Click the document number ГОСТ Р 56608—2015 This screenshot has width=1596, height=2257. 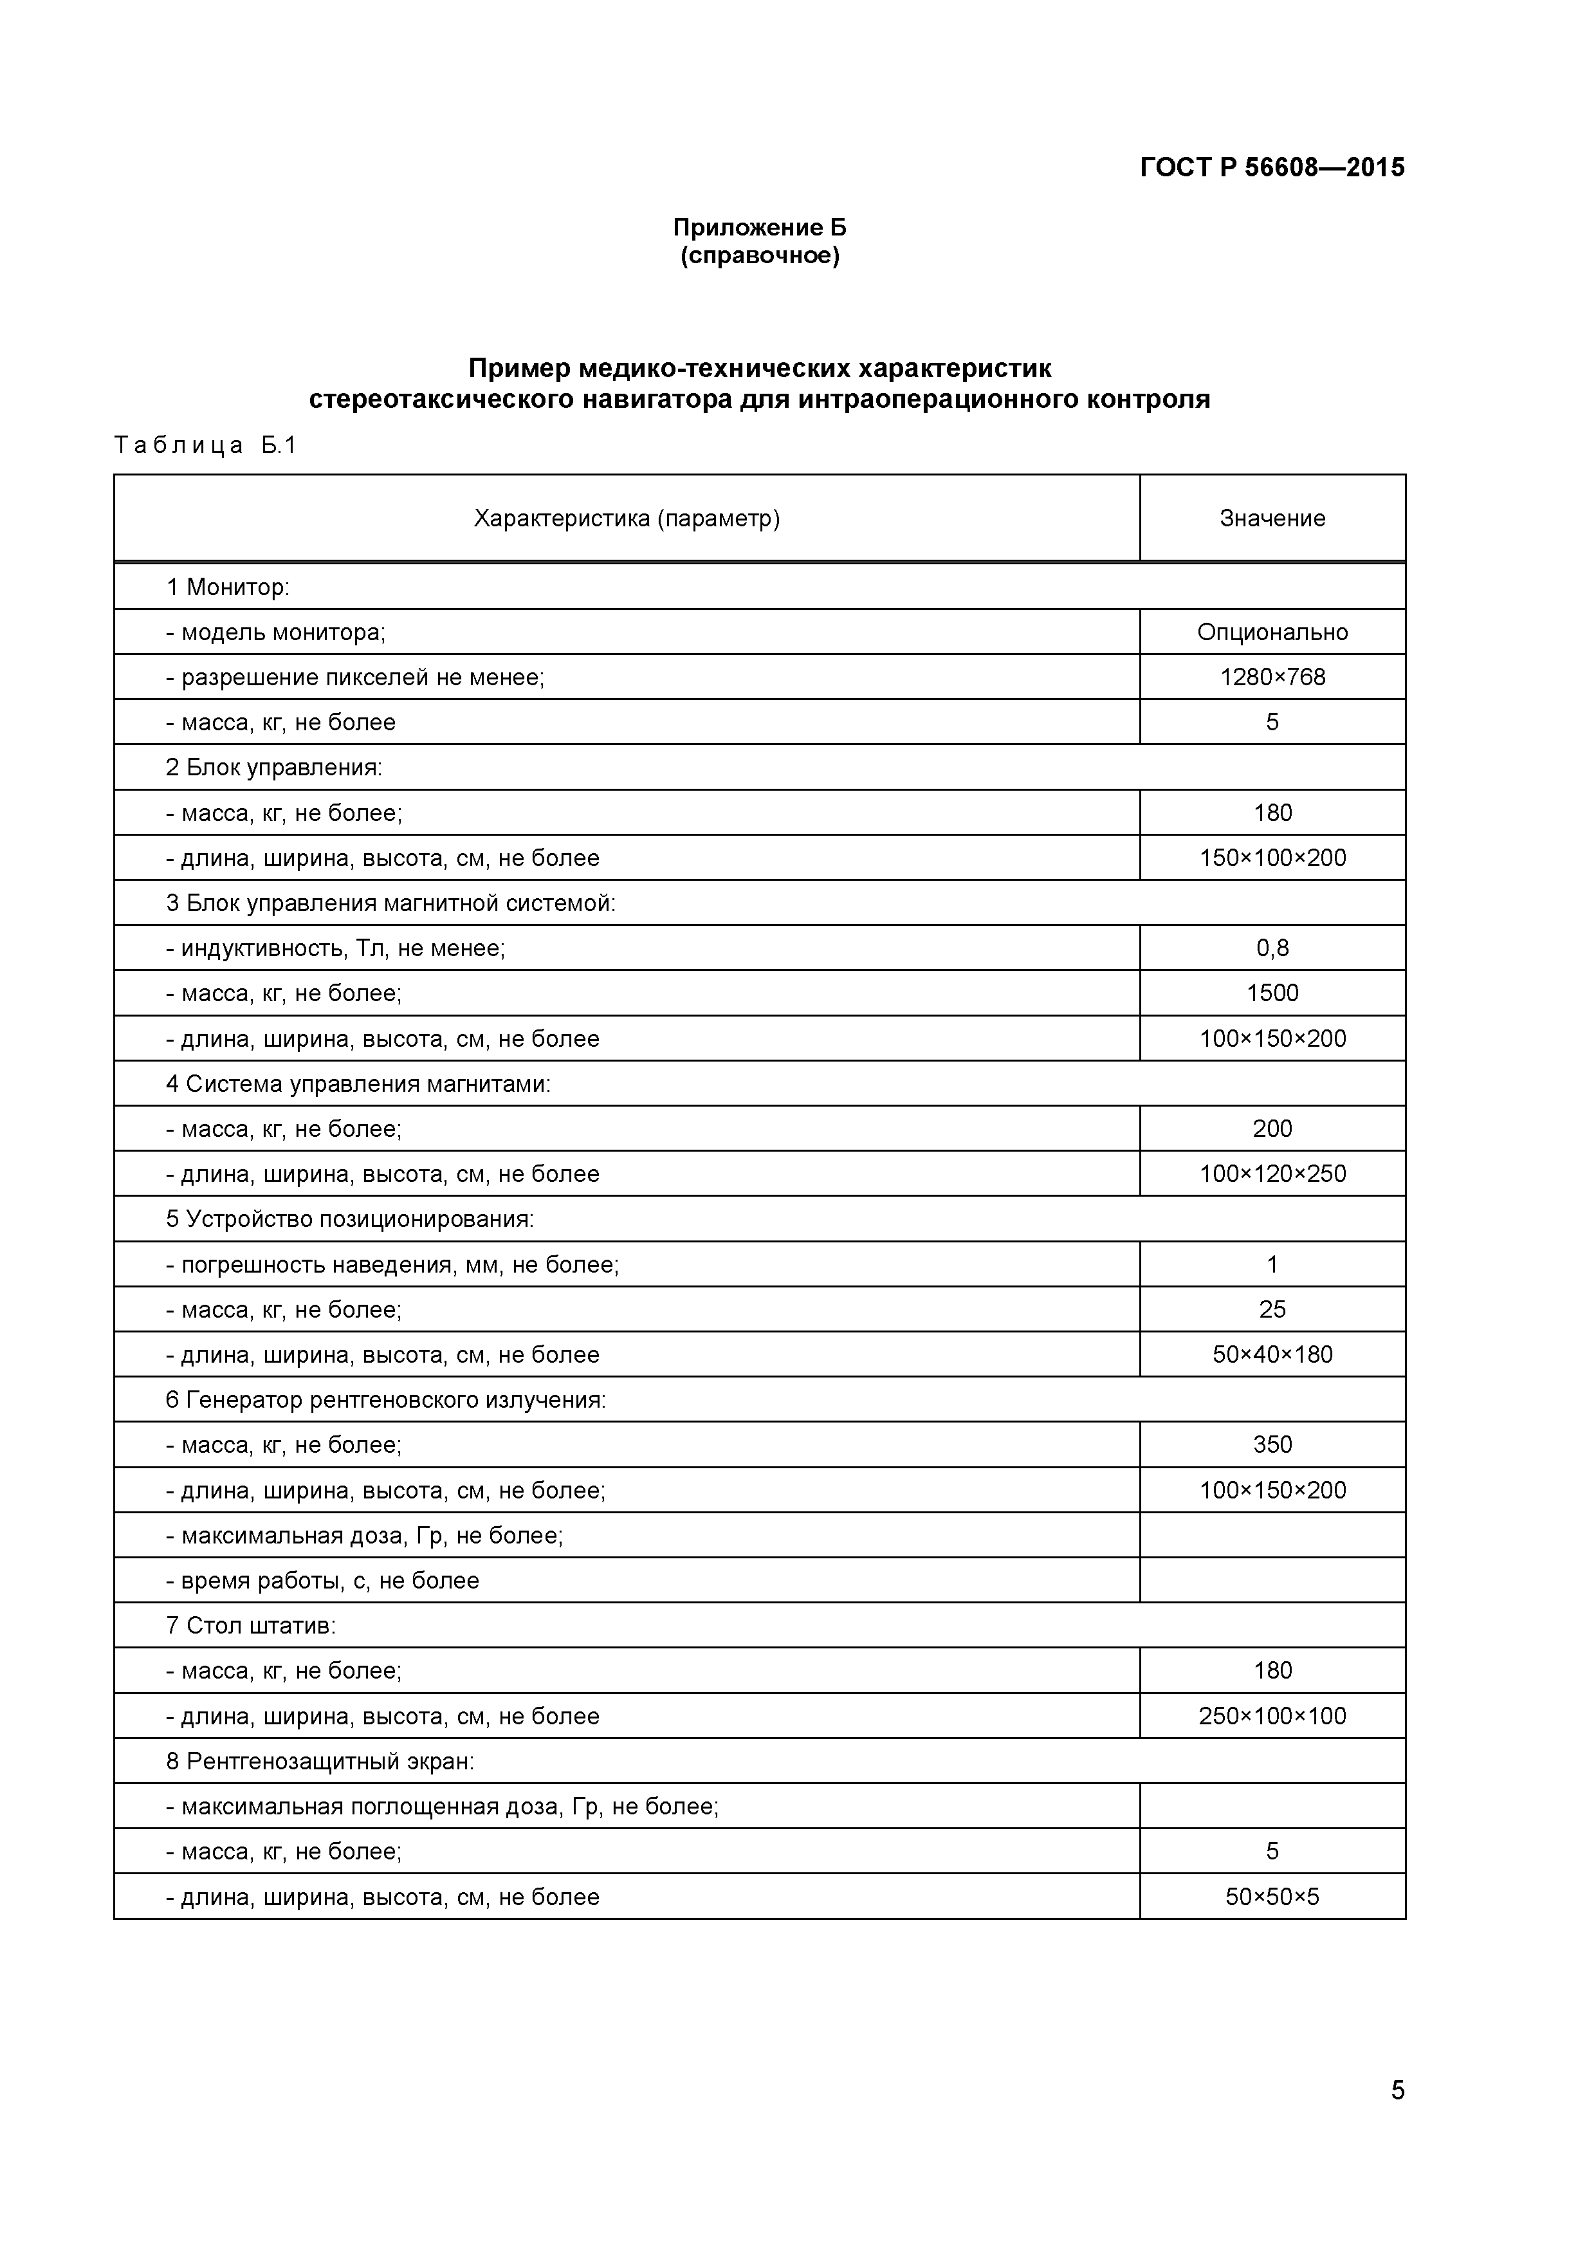[1272, 168]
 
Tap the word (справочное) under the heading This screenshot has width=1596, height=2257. [760, 257]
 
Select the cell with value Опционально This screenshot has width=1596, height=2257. [1272, 632]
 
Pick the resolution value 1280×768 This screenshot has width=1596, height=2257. [1272, 677]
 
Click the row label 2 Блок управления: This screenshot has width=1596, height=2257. [273, 768]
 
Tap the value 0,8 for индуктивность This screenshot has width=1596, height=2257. [1272, 948]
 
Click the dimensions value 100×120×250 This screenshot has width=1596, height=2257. [1272, 1174]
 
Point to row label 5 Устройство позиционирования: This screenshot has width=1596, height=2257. [349, 1219]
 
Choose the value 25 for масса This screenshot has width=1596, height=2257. [1272, 1309]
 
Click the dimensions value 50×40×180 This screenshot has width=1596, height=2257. [1272, 1354]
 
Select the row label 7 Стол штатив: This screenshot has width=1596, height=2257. [251, 1625]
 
